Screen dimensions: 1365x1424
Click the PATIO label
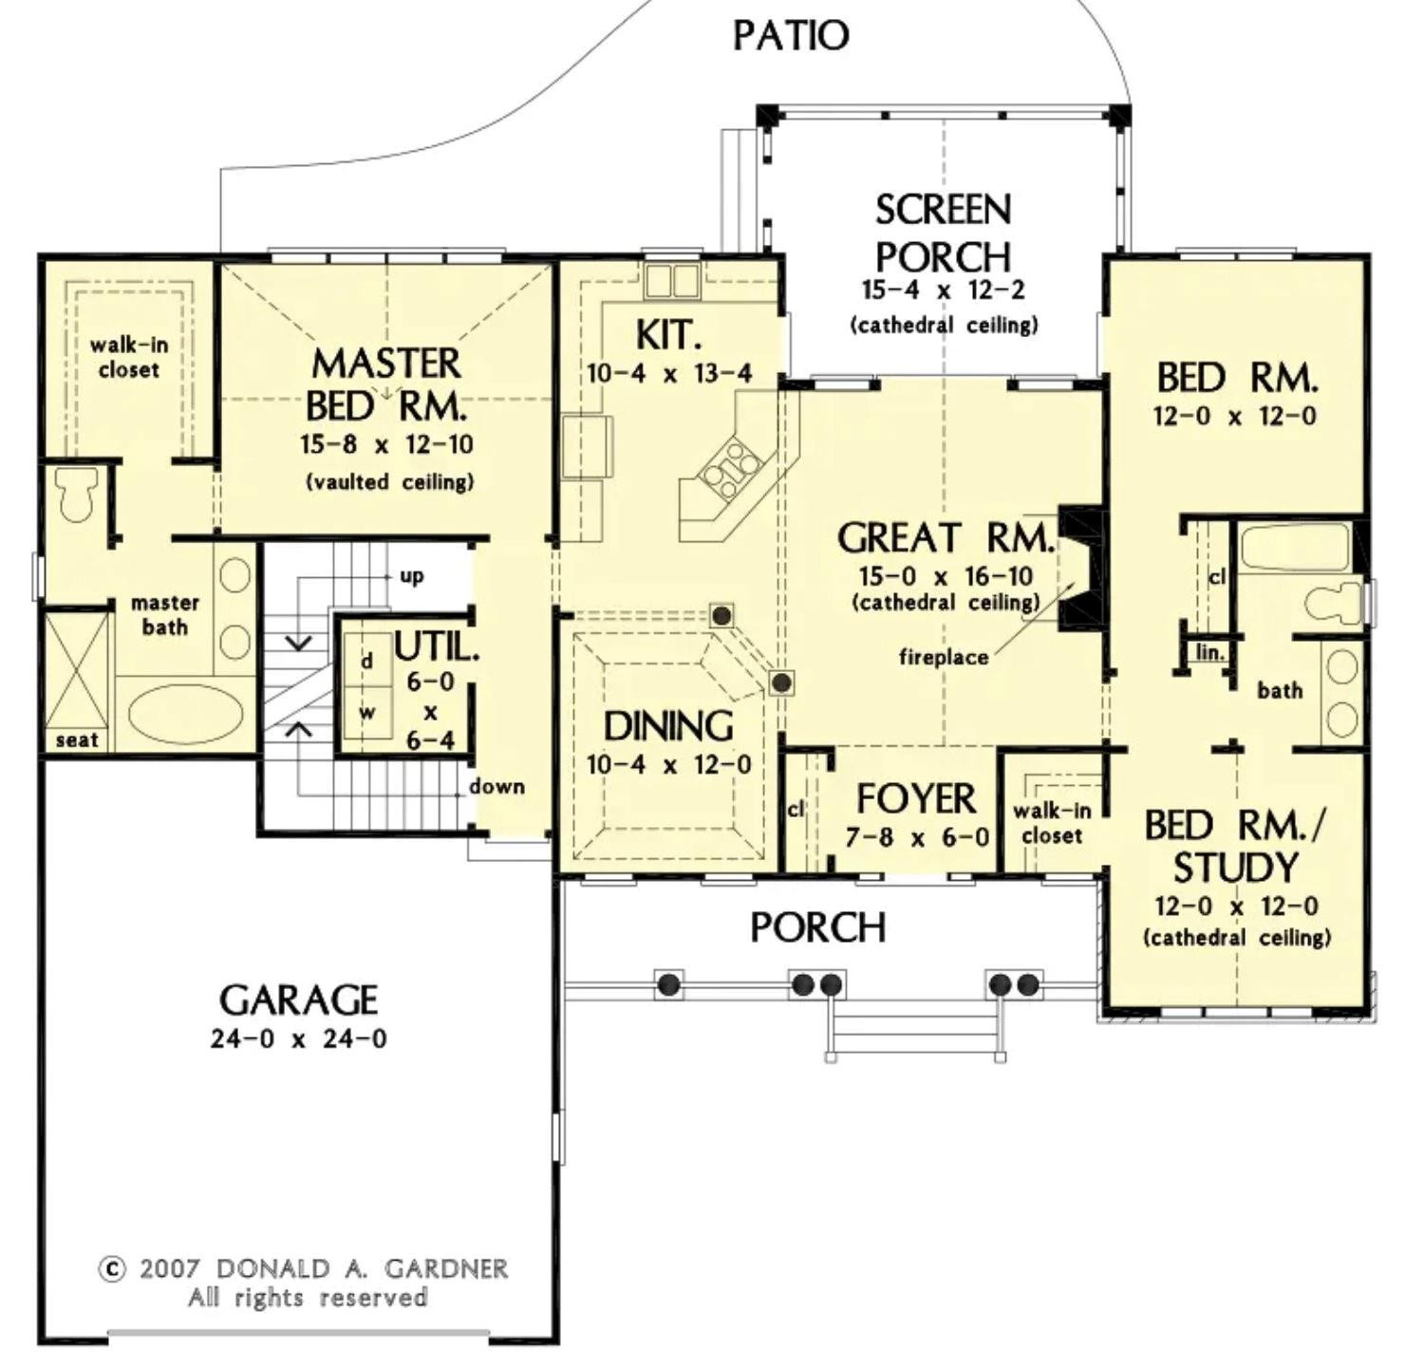791,36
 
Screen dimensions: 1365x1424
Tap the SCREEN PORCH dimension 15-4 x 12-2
943,290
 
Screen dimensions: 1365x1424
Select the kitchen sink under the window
670,281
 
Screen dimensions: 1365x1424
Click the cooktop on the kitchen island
734,468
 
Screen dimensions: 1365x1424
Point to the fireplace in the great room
1080,568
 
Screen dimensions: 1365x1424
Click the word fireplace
943,657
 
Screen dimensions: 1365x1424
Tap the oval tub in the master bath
185,714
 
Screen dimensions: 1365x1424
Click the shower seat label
76,740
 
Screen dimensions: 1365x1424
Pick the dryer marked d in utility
367,661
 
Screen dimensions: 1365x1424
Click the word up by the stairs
411,576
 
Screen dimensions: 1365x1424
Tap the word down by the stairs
497,787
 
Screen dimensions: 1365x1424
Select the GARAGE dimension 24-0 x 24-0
298,1038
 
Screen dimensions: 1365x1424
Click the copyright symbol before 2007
112,1269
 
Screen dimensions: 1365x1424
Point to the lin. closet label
1209,653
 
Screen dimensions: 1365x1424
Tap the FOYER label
915,799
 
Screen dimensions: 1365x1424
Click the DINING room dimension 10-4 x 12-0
668,765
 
